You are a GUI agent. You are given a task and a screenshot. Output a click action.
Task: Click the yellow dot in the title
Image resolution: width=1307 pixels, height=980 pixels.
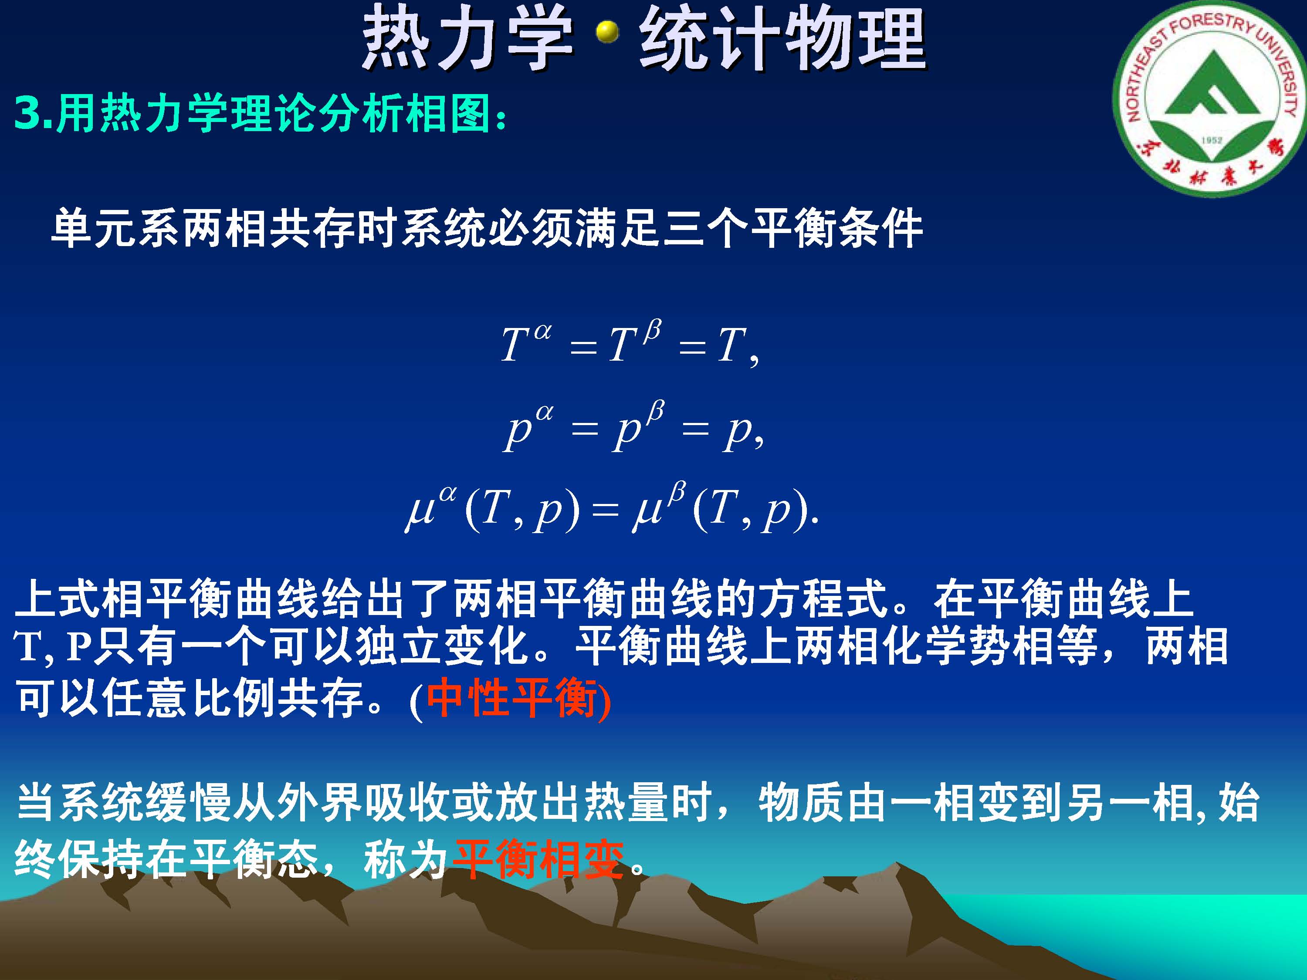pos(607,33)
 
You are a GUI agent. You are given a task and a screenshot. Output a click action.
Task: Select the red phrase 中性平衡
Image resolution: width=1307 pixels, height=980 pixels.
pos(511,698)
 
